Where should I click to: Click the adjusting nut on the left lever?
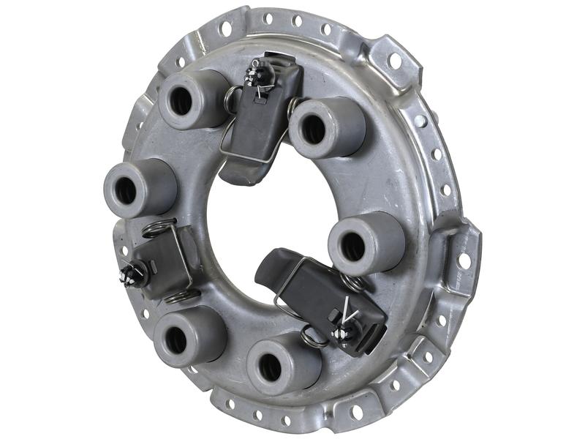134,274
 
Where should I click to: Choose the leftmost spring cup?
139,189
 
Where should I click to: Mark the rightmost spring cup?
366,244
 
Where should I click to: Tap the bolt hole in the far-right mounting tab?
464,260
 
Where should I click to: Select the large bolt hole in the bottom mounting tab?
356,412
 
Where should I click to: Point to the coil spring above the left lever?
159,228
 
